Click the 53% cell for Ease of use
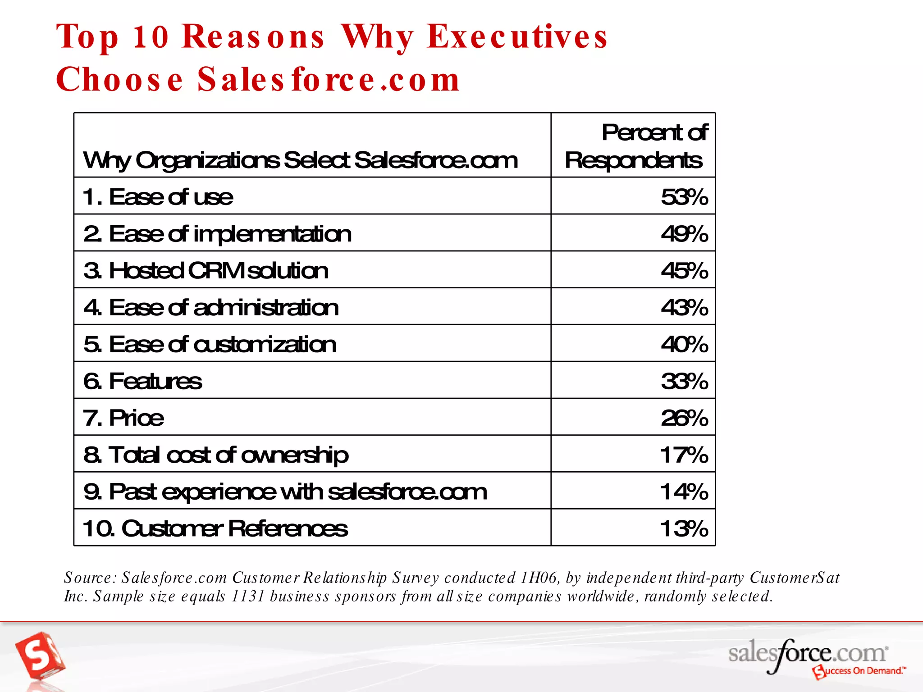coord(684,197)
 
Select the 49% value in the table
coord(684,234)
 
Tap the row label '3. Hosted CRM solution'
coord(206,271)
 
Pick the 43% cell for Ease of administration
coord(684,308)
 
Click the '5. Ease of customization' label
coord(210,345)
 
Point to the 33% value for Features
coord(684,382)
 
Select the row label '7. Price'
coord(123,418)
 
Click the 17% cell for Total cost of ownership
coord(684,455)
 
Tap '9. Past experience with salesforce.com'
coord(285,492)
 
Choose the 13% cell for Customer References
coord(684,528)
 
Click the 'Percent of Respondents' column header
coord(635,146)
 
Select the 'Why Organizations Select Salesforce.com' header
coord(301,160)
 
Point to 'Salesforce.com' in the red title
coord(329,80)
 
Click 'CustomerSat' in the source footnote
coord(794,578)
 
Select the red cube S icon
coord(40,656)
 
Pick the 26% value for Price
coord(684,418)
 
